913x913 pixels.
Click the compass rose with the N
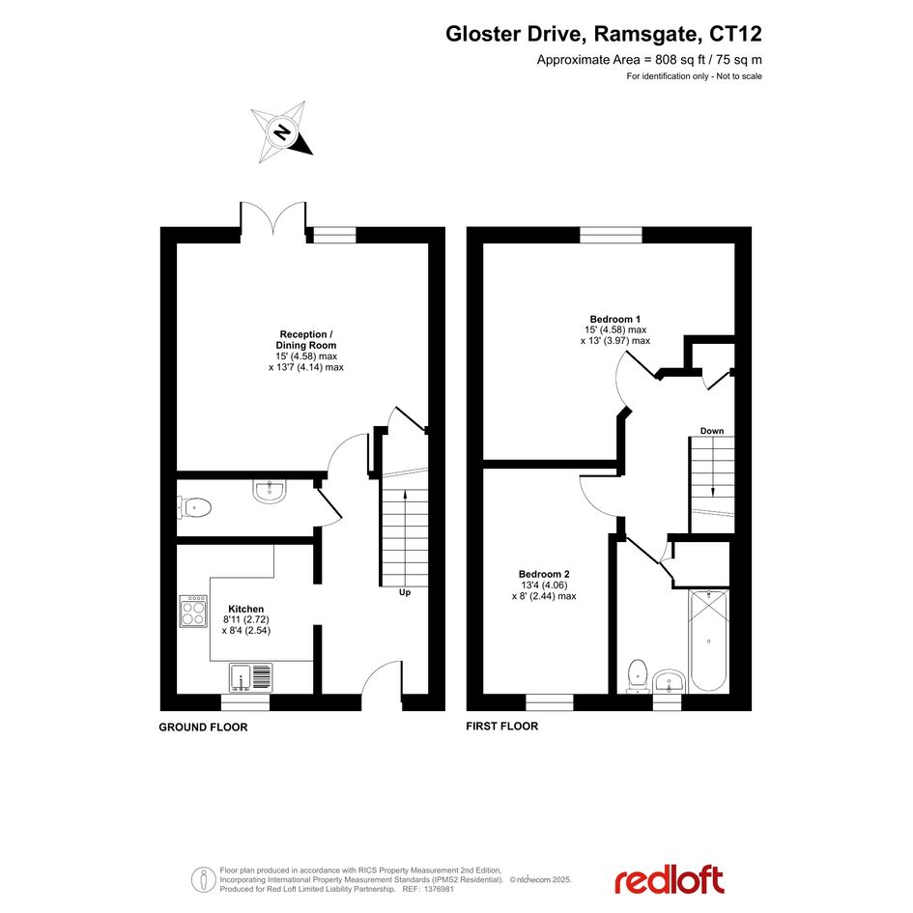pos(282,132)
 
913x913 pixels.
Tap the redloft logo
pos(670,880)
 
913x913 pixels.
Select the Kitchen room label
pos(245,609)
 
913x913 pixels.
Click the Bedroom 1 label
pos(614,319)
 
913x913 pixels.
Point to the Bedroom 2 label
pos(544,574)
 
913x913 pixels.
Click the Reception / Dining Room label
pos(306,339)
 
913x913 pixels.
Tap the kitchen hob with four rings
pos(193,611)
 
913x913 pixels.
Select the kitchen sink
pos(251,677)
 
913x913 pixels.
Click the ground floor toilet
pos(194,508)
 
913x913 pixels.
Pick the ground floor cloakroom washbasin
pos(270,492)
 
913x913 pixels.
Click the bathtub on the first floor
pos(708,642)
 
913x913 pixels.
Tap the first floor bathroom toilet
pos(639,676)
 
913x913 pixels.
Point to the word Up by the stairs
pos(405,592)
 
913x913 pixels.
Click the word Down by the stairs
pos(711,431)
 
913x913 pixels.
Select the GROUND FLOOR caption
pos(203,728)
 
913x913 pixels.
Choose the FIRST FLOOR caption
pos(502,727)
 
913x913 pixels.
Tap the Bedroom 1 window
pos(611,235)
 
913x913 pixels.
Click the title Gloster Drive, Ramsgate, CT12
pos(604,34)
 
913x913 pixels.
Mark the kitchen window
pos(245,702)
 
